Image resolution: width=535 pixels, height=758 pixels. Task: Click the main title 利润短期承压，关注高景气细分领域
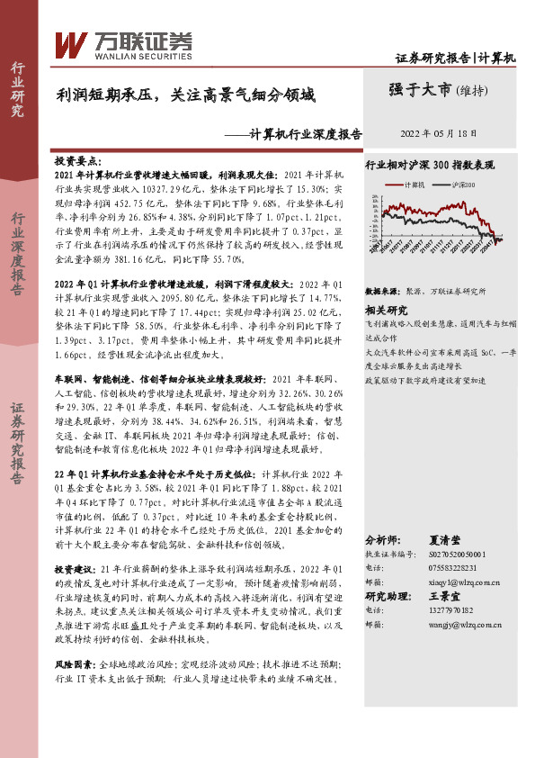point(187,94)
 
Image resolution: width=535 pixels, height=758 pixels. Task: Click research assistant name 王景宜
point(445,596)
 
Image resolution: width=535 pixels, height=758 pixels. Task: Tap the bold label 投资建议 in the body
point(75,571)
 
